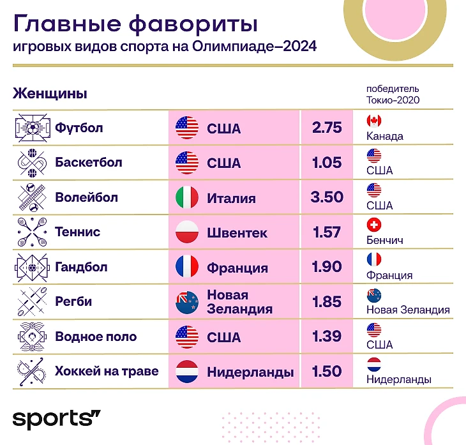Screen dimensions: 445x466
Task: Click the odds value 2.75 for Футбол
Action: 327,128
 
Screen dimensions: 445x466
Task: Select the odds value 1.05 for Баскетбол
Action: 327,163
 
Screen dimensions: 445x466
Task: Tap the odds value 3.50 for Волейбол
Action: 327,197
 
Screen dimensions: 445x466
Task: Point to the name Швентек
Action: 237,232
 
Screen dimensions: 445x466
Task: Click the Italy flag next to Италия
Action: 187,197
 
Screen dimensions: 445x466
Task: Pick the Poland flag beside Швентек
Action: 187,232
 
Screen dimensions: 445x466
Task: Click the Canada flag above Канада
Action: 374,121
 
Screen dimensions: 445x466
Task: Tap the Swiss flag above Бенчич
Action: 374,225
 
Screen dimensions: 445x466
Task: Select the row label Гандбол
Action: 82,267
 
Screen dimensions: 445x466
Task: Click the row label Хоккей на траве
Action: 107,371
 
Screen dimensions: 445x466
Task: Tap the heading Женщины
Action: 50,93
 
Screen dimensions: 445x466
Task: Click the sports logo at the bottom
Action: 56,419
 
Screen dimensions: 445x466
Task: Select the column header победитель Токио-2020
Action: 393,94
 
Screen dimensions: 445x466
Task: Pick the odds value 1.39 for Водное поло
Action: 327,336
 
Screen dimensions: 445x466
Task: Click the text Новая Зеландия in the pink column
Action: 239,302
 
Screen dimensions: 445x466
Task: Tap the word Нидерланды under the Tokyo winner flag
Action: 399,379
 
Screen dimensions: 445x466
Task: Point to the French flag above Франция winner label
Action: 374,259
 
